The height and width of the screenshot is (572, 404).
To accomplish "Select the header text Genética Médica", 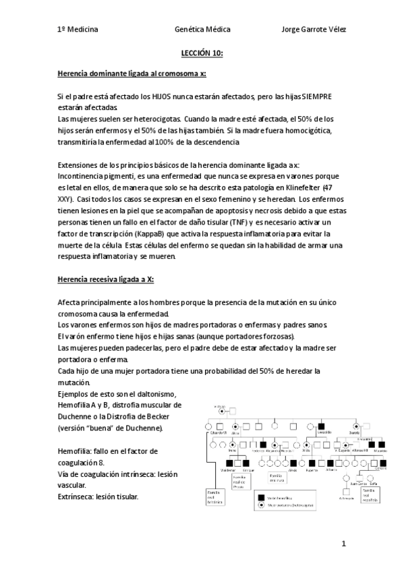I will tap(202, 30).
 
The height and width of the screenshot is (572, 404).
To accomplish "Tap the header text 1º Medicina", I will tap(78, 30).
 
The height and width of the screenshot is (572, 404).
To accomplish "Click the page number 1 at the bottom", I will tap(343, 544).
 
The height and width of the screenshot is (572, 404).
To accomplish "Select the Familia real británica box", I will tap(216, 498).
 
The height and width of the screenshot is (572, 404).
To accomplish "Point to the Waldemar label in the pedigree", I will tap(228, 470).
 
